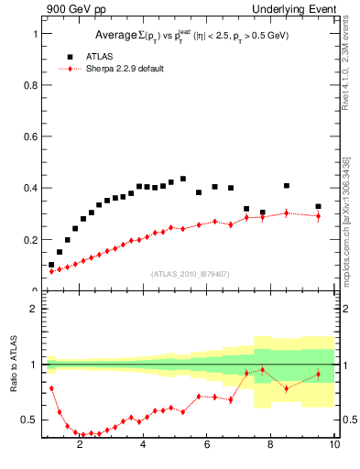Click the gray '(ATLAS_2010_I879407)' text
(190, 273)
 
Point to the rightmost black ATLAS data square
(318, 207)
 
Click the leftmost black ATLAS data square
(51, 265)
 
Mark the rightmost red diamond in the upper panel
(318, 216)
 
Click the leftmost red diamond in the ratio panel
(51, 388)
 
